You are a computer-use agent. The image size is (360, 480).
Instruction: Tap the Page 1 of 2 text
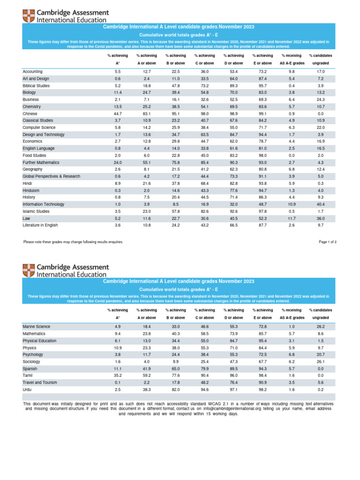[327, 242]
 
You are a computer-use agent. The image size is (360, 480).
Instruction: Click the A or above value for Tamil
[146, 368]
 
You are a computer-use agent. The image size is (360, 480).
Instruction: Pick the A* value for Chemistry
[117, 107]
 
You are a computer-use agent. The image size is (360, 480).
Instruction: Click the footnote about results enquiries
[73, 242]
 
